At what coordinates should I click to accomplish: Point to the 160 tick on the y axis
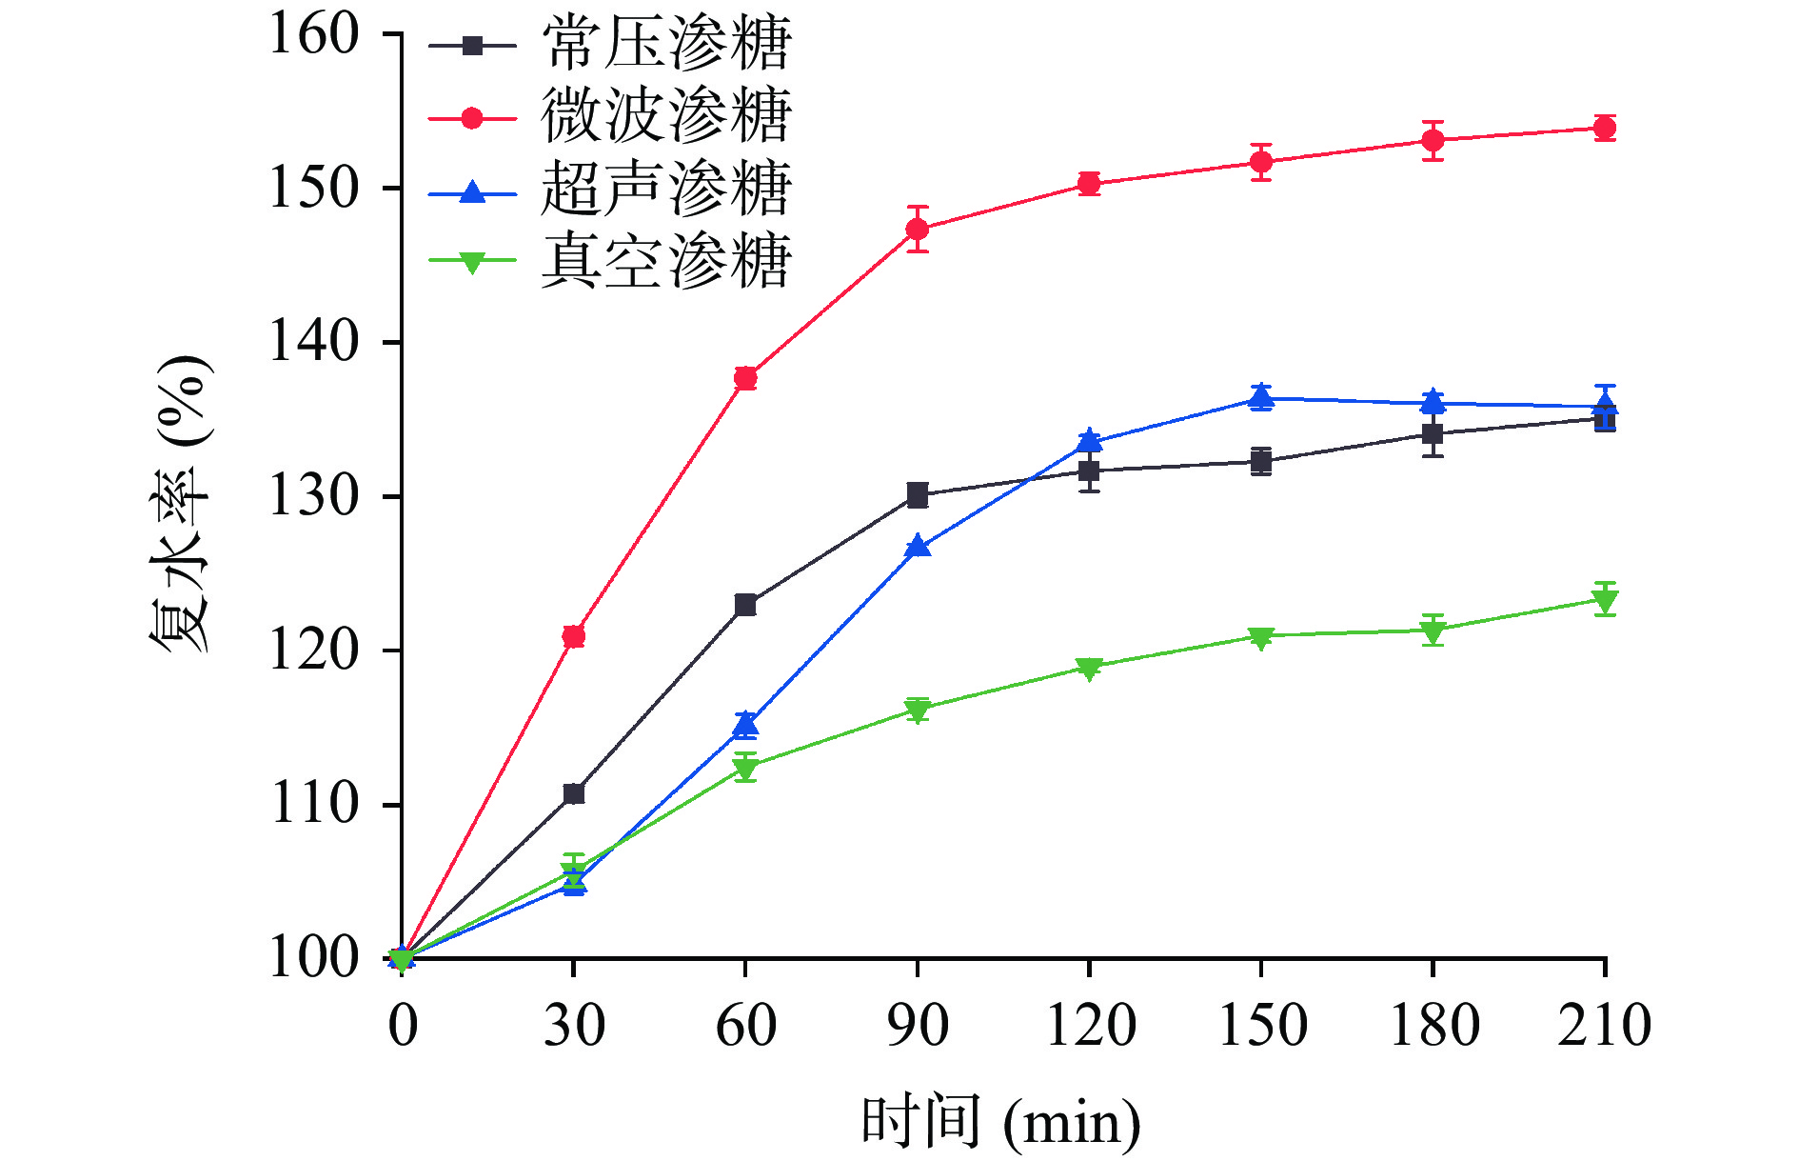[x=313, y=34]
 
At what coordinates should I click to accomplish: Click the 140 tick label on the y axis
[x=313, y=342]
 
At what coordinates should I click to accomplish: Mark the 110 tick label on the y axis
[x=313, y=805]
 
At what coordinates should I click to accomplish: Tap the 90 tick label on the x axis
[x=917, y=1026]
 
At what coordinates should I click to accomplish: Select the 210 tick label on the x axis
[x=1604, y=1026]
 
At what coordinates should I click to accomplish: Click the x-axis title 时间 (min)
[x=1000, y=1122]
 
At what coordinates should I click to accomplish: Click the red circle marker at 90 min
[x=918, y=229]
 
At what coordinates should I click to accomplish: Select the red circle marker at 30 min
[x=573, y=636]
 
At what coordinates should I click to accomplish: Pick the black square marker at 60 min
[x=745, y=605]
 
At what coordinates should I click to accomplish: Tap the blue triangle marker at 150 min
[x=1261, y=397]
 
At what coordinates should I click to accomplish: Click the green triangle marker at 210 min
[x=1605, y=600]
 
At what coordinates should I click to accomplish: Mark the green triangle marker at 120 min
[x=1089, y=668]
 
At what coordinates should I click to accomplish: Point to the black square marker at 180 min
[x=1433, y=434]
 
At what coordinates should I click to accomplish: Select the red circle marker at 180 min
[x=1433, y=141]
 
